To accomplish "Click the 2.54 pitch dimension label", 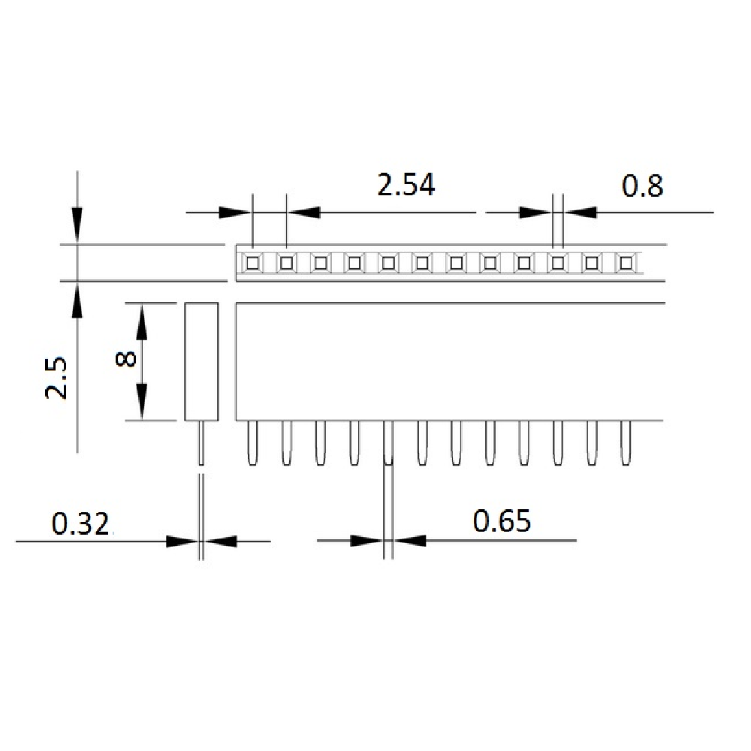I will coord(406,185).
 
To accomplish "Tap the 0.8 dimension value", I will coord(643,185).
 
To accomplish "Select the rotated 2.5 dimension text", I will coord(57,378).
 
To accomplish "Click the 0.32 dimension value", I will coord(81,523).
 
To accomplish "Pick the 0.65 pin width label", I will coord(502,520).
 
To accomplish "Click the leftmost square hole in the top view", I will coord(252,263).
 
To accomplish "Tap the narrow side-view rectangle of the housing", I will coord(201,361).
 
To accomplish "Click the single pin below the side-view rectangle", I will coord(201,443).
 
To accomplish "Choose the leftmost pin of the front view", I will coord(252,443).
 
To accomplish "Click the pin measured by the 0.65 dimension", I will coord(388,443).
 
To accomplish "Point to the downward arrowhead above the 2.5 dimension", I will coord(77,222).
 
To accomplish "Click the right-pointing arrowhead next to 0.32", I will coord(182,541).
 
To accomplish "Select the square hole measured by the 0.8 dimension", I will coord(558,263).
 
